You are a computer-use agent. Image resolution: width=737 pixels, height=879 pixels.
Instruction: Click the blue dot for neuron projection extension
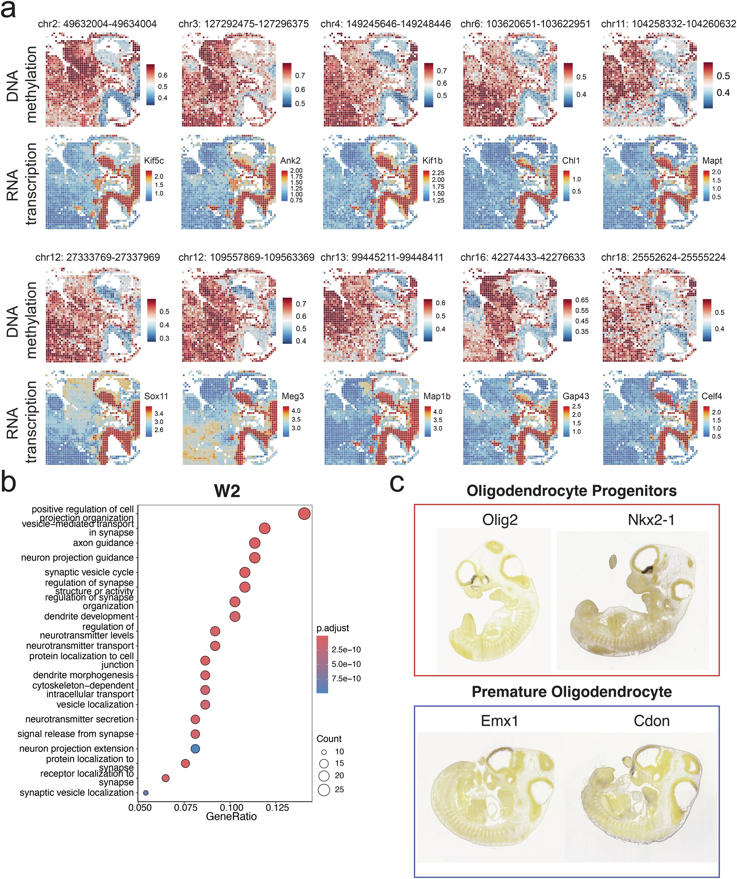pyautogui.click(x=195, y=748)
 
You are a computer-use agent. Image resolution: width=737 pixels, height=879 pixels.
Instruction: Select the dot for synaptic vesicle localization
pyautogui.click(x=146, y=792)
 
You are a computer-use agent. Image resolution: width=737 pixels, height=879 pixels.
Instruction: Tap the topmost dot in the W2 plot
pyautogui.click(x=304, y=514)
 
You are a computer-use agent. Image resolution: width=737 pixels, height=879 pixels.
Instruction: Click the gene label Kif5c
pyautogui.click(x=154, y=161)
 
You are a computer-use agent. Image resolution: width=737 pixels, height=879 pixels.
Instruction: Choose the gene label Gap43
pyautogui.click(x=575, y=396)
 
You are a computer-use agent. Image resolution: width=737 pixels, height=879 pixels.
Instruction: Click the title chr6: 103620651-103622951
pyautogui.click(x=525, y=24)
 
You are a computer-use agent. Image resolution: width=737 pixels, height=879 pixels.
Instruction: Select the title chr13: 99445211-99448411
pyautogui.click(x=381, y=257)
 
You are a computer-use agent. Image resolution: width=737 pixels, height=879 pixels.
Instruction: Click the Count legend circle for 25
pyautogui.click(x=324, y=790)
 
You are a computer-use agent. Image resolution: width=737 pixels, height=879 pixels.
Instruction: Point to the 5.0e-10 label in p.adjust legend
pyautogui.click(x=346, y=664)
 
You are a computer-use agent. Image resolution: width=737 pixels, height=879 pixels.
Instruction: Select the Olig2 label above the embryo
pyautogui.click(x=500, y=520)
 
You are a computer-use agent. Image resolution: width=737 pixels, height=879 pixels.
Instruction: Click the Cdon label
pyautogui.click(x=651, y=721)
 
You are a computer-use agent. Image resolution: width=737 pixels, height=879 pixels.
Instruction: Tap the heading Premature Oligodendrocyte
pyautogui.click(x=572, y=692)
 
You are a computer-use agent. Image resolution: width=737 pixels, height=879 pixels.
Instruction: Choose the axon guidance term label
pyautogui.click(x=103, y=543)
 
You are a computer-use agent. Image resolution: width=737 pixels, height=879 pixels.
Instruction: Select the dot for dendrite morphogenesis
pyautogui.click(x=205, y=675)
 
